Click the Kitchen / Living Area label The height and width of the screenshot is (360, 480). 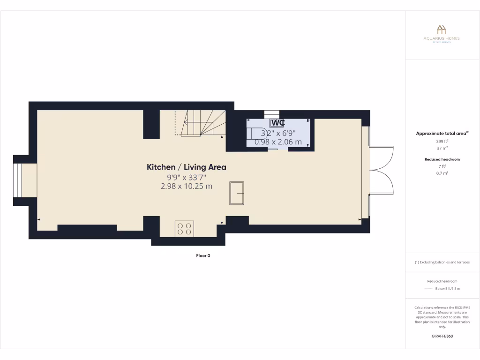[187, 167]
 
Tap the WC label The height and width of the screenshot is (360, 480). [277, 123]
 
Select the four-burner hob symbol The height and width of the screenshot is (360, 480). [184, 229]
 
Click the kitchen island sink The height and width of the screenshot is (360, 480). [236, 193]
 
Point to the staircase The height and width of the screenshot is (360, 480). [201, 123]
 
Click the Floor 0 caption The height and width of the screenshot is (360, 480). [203, 255]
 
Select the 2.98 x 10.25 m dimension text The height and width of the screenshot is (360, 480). [187, 186]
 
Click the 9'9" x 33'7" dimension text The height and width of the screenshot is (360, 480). [187, 177]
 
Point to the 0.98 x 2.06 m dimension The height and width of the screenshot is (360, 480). [278, 142]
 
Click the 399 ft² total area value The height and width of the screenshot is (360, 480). [442, 141]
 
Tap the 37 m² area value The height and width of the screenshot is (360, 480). [442, 148]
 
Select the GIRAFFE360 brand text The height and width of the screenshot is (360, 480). [442, 336]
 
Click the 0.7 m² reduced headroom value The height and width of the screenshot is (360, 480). [442, 173]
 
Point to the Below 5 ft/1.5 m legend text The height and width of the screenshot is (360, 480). [448, 288]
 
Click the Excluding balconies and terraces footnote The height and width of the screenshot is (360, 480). [442, 262]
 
